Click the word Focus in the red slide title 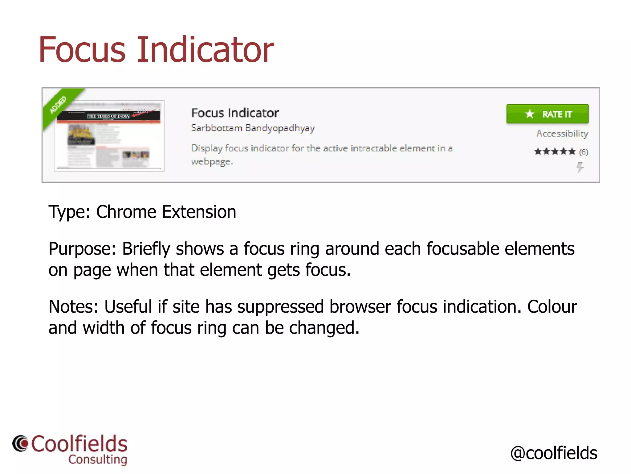(82, 50)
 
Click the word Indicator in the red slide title (205, 50)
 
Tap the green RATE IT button (547, 114)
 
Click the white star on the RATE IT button (530, 114)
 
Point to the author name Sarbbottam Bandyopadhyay (253, 128)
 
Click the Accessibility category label (562, 133)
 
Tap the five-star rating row (555, 152)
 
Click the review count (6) (584, 152)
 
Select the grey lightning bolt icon (580, 168)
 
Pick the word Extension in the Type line (199, 212)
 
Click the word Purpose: (82, 249)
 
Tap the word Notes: (73, 307)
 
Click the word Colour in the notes (552, 307)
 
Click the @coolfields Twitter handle (554, 453)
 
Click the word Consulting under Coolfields (98, 459)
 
